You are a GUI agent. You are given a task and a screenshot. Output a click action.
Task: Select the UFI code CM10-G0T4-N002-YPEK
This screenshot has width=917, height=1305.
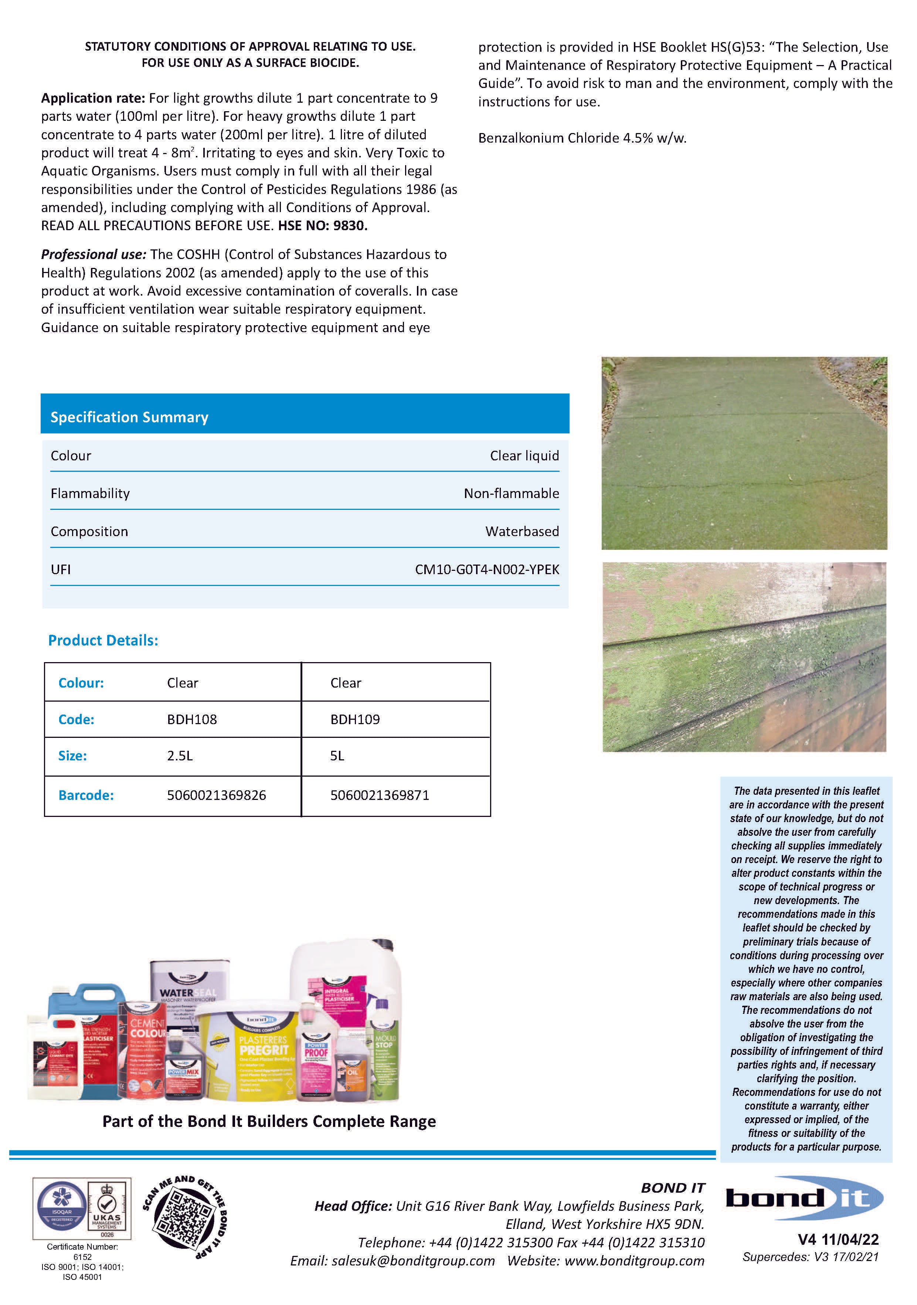point(487,569)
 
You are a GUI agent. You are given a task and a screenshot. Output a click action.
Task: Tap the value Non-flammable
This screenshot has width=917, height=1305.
point(511,493)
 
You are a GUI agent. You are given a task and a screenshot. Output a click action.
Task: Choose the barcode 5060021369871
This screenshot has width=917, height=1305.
point(379,795)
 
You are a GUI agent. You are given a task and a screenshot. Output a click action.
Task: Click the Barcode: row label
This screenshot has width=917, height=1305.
point(86,795)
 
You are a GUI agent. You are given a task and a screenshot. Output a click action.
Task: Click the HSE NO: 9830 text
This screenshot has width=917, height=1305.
point(322,226)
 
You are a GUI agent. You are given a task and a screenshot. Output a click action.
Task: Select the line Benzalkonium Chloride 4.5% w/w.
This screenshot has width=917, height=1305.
point(582,138)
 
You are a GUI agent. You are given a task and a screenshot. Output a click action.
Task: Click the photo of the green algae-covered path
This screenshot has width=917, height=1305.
point(744,453)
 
